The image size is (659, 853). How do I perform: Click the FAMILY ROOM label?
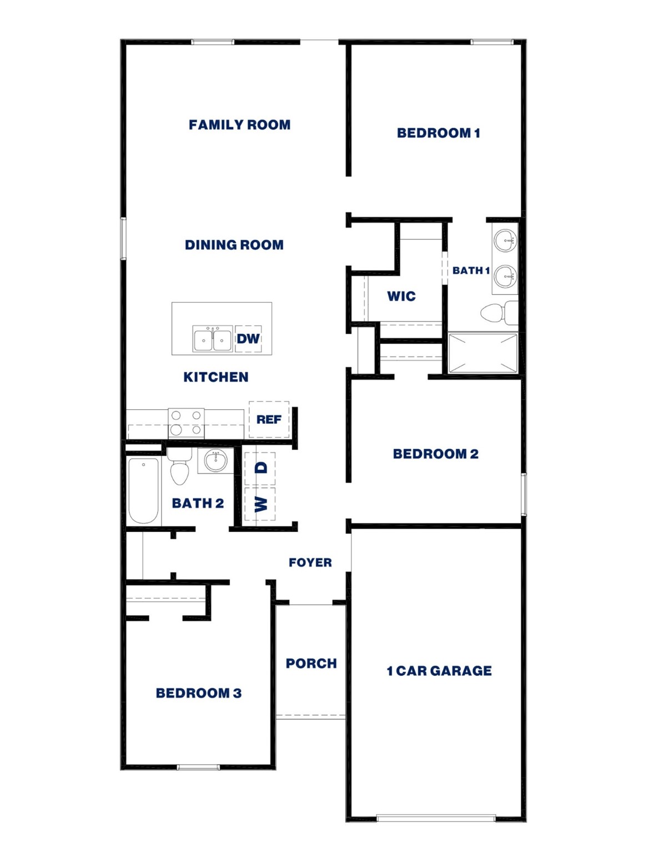pyautogui.click(x=239, y=125)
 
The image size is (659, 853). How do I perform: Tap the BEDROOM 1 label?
pyautogui.click(x=438, y=133)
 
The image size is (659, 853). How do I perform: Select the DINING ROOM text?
pyautogui.click(x=234, y=245)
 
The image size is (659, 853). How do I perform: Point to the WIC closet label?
pyautogui.click(x=401, y=297)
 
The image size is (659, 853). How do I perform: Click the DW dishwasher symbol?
pyautogui.click(x=248, y=339)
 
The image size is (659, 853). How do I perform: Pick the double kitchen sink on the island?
pyautogui.click(x=213, y=339)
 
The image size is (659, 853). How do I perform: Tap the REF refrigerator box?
pyautogui.click(x=269, y=419)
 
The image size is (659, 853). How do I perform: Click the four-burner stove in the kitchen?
pyautogui.click(x=186, y=423)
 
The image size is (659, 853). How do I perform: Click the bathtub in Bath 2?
pyautogui.click(x=143, y=490)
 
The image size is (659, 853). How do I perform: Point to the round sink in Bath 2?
pyautogui.click(x=215, y=460)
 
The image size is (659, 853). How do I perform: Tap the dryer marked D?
pyautogui.click(x=260, y=468)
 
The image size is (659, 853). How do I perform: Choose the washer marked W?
pyautogui.click(x=260, y=504)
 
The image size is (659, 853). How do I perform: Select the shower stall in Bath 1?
pyautogui.click(x=482, y=353)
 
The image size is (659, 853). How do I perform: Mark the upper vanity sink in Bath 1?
pyautogui.click(x=505, y=242)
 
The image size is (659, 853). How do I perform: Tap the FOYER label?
pyautogui.click(x=310, y=563)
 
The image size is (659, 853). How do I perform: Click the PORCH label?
pyautogui.click(x=311, y=664)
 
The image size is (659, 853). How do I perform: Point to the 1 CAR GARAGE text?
pyautogui.click(x=439, y=671)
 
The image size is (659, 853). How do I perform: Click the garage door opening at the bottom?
pyautogui.click(x=436, y=818)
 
